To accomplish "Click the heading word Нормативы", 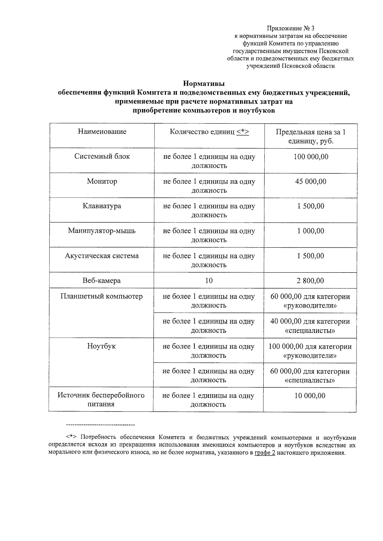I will [204, 84].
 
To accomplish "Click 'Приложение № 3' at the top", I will [290, 28].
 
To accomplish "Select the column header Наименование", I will [102, 132].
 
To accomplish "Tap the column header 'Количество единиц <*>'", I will [209, 132].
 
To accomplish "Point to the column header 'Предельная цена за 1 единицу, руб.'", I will [311, 136].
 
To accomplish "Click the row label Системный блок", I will [102, 157].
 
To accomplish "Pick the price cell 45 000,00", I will [311, 181].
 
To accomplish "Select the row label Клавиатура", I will [102, 206].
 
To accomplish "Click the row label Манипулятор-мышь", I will [102, 231].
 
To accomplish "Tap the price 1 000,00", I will [311, 231].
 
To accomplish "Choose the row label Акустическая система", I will [102, 256].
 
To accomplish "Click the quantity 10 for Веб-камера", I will [209, 281].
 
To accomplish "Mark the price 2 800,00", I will [310, 281].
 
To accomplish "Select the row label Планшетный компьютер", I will [101, 296].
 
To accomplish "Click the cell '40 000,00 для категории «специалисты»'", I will [310, 326].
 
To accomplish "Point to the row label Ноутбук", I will [101, 346].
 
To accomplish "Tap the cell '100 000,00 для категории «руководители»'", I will [310, 351].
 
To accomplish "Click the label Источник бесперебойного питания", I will [101, 400].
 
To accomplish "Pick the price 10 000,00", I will [310, 396].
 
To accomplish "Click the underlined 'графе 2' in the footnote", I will [265, 453].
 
